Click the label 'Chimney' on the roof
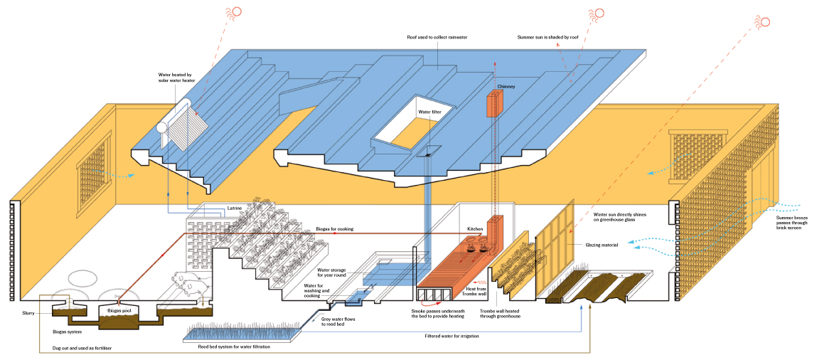coord(506,87)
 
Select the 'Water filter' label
coord(429,112)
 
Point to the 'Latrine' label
coord(235,208)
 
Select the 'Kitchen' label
coord(474,229)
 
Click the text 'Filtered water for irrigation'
coord(452,335)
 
